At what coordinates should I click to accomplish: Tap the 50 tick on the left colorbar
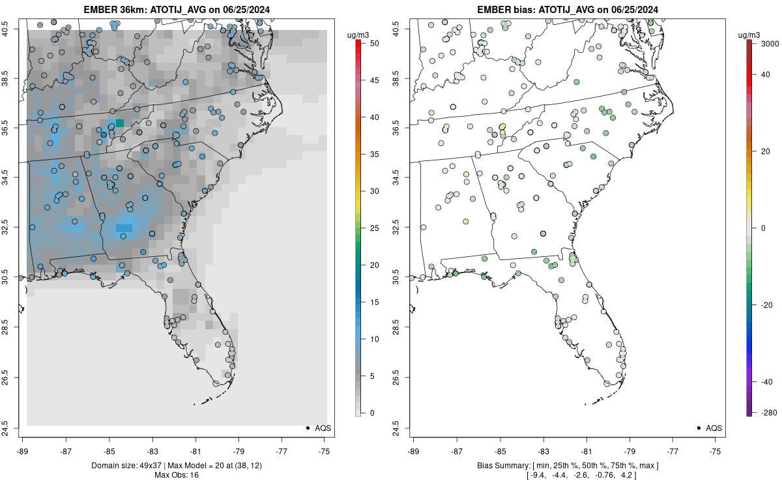(369, 43)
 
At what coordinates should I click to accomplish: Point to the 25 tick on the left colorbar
(369, 228)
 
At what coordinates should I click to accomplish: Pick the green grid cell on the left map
(120, 123)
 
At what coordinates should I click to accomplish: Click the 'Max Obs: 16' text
(177, 475)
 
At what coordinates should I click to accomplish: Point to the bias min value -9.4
(538, 475)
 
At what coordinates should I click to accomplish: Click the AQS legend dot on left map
(307, 428)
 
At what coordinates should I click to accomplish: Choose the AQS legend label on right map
(714, 428)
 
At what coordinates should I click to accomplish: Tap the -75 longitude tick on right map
(716, 450)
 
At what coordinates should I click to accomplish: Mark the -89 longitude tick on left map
(23, 450)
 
